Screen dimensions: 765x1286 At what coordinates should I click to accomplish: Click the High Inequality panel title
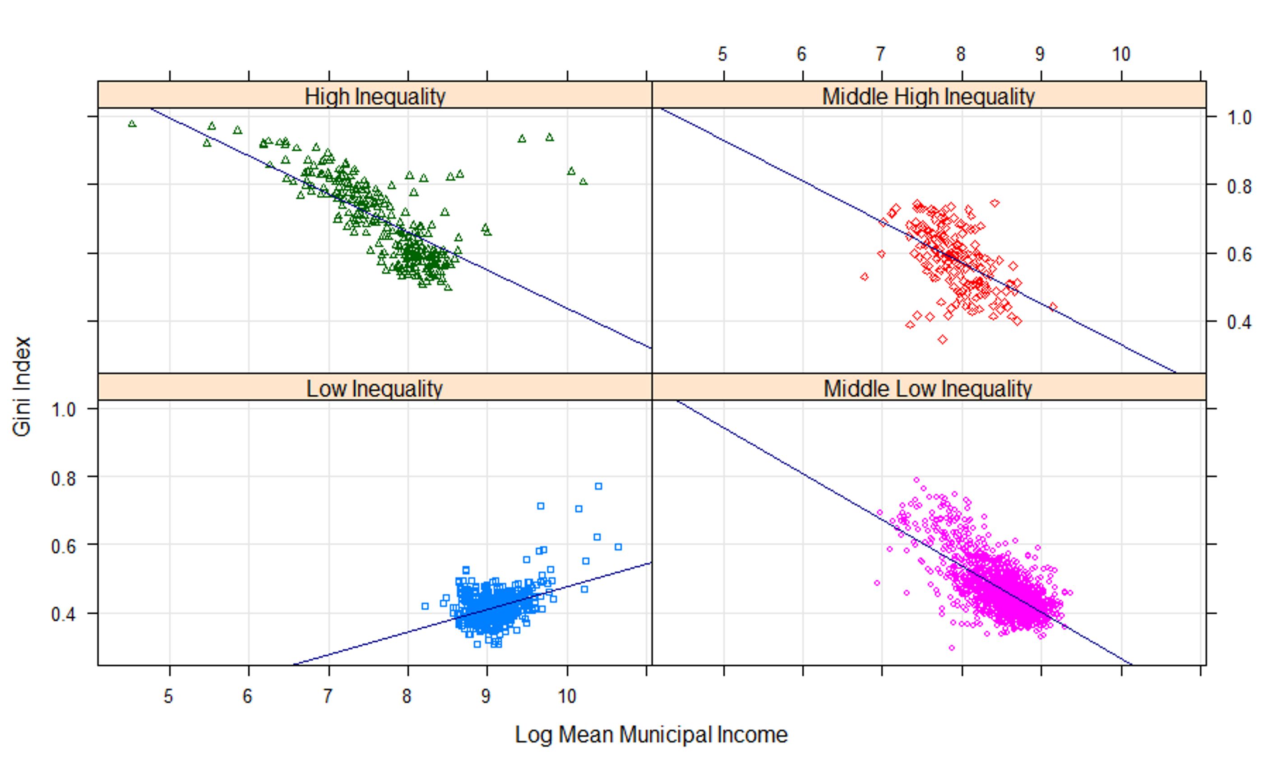tap(375, 96)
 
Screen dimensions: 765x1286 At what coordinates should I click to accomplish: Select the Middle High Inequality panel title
tap(928, 96)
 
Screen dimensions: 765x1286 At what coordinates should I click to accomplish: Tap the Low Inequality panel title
tap(375, 388)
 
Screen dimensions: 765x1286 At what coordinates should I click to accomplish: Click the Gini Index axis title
tap(22, 387)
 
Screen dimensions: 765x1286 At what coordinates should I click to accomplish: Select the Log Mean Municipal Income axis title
tap(651, 734)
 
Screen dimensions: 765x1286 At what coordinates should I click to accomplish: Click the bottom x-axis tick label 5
tap(168, 696)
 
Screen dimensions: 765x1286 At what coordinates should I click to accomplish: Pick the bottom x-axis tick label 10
tap(567, 696)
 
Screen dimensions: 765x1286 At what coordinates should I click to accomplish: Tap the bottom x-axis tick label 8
tap(407, 696)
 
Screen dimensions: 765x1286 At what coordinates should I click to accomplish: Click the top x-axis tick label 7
tap(880, 54)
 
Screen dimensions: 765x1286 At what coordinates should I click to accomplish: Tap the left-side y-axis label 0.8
tap(63, 478)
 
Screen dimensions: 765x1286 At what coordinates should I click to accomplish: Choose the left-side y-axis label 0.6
tap(63, 546)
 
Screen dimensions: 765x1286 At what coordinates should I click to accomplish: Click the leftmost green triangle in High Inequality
tap(132, 124)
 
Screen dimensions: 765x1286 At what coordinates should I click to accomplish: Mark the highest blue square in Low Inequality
tap(598, 486)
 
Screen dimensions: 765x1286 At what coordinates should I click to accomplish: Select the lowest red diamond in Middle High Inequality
tap(943, 339)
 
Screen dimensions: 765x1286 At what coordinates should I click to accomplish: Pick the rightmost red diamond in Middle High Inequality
tap(1053, 307)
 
